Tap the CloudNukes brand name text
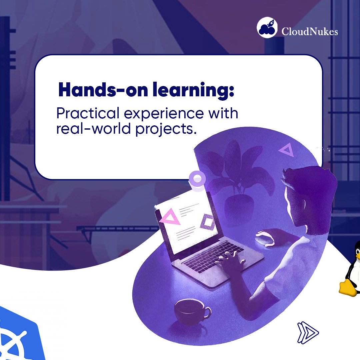(310, 32)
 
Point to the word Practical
(88, 114)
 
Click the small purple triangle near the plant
(286, 150)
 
